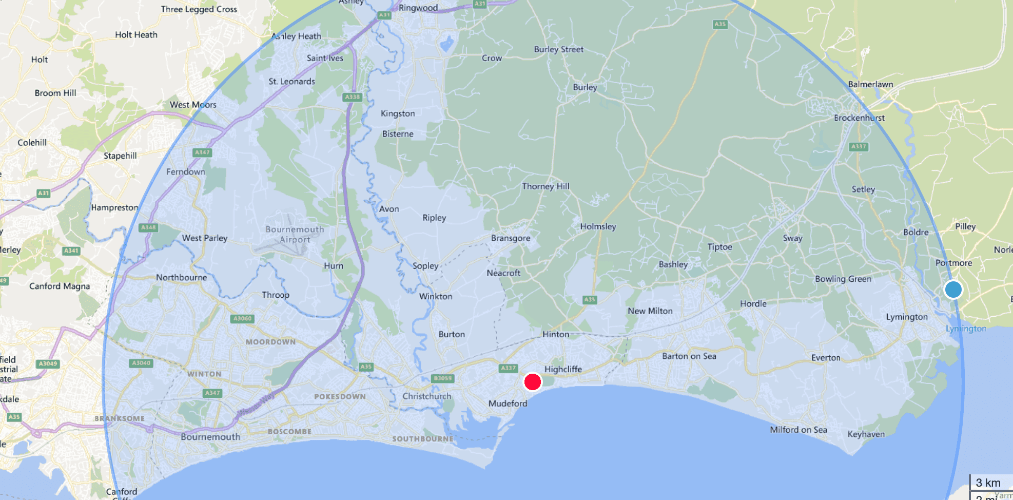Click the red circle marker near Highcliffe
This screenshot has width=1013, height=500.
(x=533, y=382)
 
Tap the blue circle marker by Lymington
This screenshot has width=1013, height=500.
(x=953, y=290)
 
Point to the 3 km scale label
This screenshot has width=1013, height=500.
(x=988, y=483)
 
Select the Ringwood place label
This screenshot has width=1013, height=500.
(x=418, y=8)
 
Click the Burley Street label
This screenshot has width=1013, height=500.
(x=558, y=49)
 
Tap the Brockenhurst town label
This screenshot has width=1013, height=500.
(x=859, y=118)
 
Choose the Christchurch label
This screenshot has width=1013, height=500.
(x=426, y=396)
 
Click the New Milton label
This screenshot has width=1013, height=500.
(x=650, y=311)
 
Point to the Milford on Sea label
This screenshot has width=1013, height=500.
(x=798, y=430)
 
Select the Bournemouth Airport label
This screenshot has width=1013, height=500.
(x=295, y=234)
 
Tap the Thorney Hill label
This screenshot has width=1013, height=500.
(x=546, y=186)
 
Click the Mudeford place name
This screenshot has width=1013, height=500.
(x=508, y=403)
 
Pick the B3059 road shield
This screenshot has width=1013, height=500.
(x=442, y=378)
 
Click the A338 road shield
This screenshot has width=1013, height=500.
(x=352, y=97)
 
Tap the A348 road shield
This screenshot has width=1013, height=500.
(x=148, y=227)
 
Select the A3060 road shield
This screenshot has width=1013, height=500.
(x=242, y=319)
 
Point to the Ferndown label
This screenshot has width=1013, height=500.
(x=185, y=172)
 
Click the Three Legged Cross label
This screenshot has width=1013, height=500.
(x=199, y=9)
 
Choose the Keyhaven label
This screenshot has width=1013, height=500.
(x=866, y=434)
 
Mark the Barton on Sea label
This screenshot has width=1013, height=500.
(x=689, y=356)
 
